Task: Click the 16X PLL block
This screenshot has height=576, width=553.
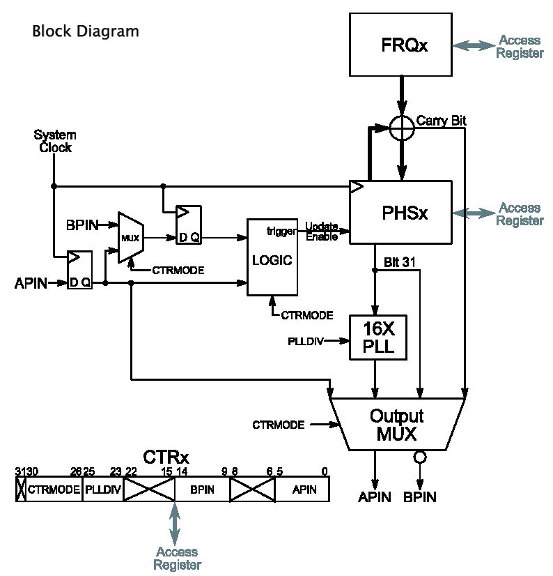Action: [376, 337]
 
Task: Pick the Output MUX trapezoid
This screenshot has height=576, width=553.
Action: [396, 425]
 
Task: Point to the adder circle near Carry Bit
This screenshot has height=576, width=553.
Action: [402, 128]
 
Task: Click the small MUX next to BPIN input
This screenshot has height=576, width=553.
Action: [130, 238]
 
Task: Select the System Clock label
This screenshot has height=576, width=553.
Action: [56, 141]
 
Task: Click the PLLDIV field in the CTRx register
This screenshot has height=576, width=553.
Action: [103, 490]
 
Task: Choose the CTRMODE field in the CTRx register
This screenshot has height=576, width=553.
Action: [54, 490]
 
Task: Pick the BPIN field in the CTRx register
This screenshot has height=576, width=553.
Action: [202, 490]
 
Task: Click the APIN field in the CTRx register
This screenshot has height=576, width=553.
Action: [304, 490]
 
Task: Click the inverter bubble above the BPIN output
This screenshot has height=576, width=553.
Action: [419, 458]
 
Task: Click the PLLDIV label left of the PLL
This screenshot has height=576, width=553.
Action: [304, 341]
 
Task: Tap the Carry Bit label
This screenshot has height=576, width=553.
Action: [441, 121]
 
